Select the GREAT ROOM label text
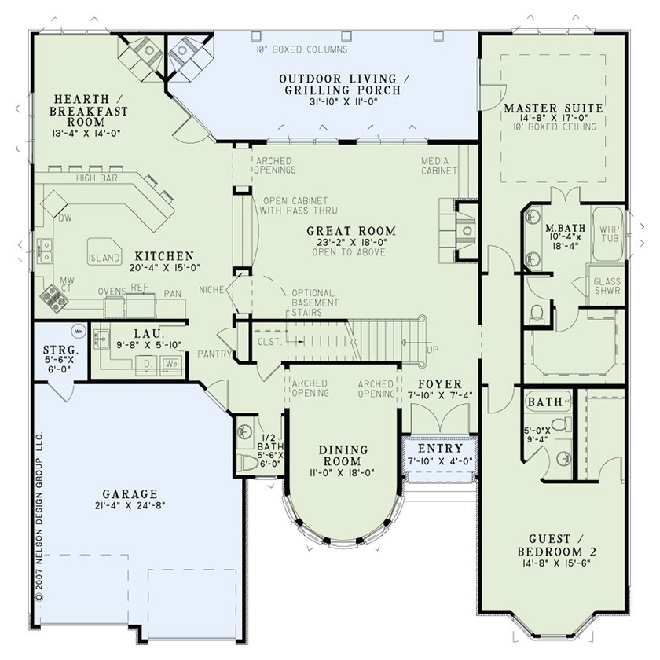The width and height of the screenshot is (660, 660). point(350,231)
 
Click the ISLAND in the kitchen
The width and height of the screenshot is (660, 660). point(104,258)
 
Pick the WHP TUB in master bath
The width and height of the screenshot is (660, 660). point(610,233)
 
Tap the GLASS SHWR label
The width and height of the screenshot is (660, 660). point(607,286)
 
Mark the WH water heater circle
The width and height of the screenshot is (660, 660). point(77,330)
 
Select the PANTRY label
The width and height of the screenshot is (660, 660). point(214,354)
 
